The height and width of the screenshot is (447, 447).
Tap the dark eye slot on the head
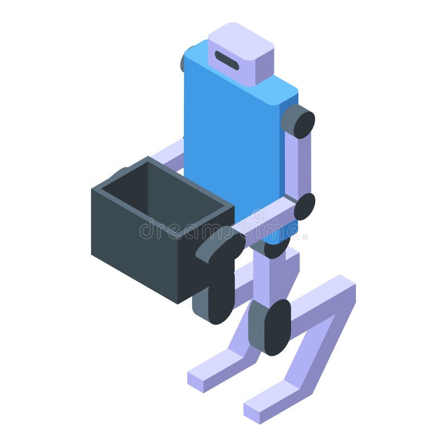click(227, 60)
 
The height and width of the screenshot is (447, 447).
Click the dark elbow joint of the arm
click(305, 206)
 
